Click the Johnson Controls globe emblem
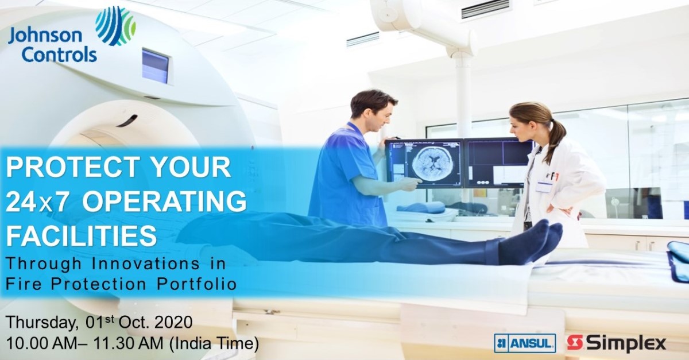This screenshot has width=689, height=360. (x=115, y=26)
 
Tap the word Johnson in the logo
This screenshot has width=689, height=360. (x=45, y=37)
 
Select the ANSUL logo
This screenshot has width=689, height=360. (x=525, y=343)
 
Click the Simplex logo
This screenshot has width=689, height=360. (x=617, y=343)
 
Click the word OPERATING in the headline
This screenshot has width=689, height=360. (x=164, y=202)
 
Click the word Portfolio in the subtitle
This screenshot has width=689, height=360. (x=196, y=284)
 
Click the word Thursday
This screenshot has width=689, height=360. (x=41, y=323)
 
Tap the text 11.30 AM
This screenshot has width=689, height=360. (x=128, y=343)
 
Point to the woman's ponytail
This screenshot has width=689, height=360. (x=557, y=138)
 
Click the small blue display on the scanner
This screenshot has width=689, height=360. (x=155, y=65)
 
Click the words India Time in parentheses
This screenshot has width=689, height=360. (x=214, y=343)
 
